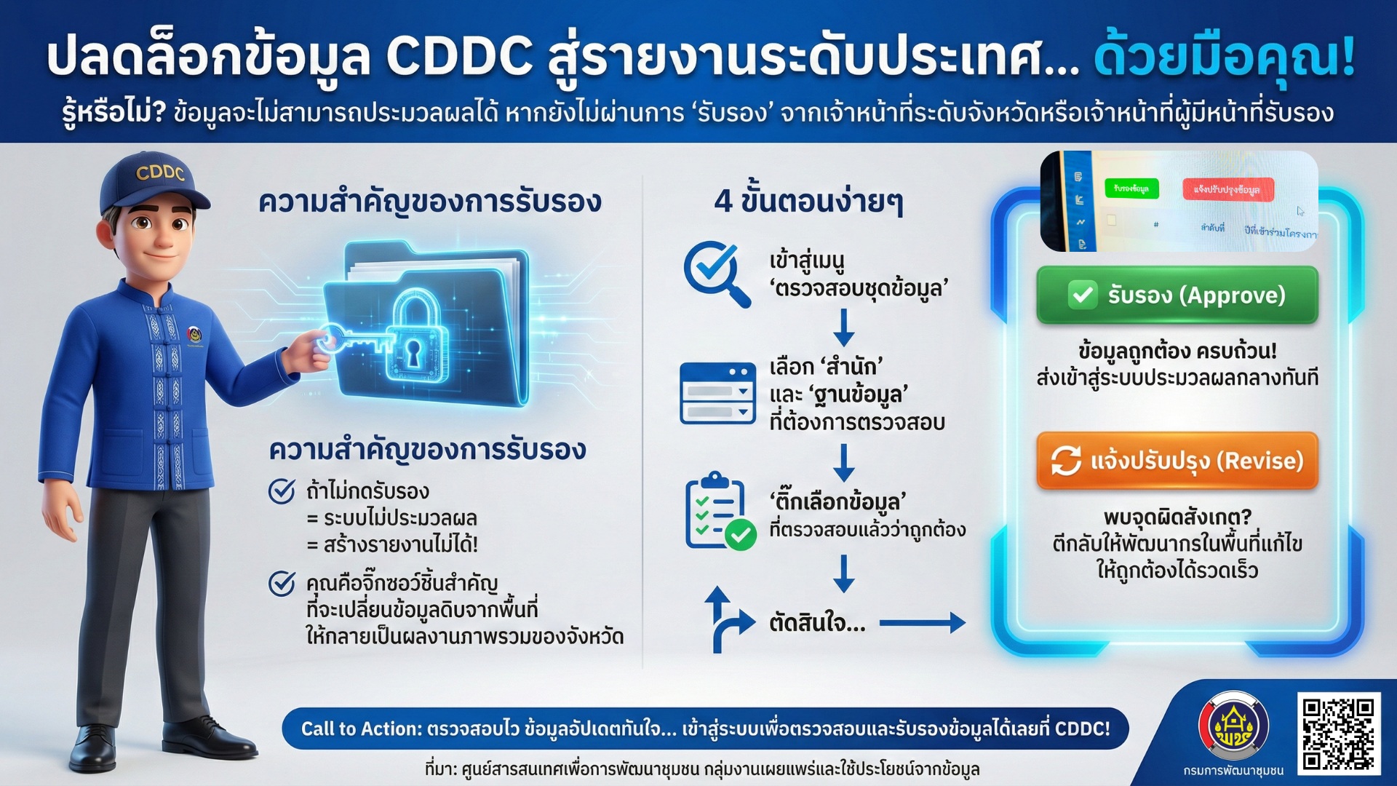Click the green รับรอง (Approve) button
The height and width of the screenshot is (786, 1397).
tap(1177, 295)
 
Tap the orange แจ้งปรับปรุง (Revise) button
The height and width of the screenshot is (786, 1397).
tap(1177, 461)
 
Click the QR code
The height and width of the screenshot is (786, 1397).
tap(1337, 734)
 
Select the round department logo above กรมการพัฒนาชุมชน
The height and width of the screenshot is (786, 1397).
tap(1233, 726)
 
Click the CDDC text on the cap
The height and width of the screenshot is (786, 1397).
tap(160, 172)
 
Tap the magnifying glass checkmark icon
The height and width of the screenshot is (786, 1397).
tap(716, 273)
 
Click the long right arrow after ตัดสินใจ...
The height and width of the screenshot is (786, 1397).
tap(922, 623)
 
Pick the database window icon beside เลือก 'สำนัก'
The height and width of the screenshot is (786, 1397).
tap(717, 393)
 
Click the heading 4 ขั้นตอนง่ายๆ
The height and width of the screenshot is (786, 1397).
tap(808, 202)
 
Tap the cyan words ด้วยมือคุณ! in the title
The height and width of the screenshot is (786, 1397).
tap(1224, 57)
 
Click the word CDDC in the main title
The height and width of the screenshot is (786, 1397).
tap(459, 57)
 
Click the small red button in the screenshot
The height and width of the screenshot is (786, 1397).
tap(1227, 189)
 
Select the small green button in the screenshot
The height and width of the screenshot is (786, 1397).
tap(1131, 188)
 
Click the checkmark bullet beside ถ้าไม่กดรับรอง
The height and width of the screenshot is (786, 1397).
tap(282, 491)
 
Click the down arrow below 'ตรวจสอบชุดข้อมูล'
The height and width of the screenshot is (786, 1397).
tap(843, 327)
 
